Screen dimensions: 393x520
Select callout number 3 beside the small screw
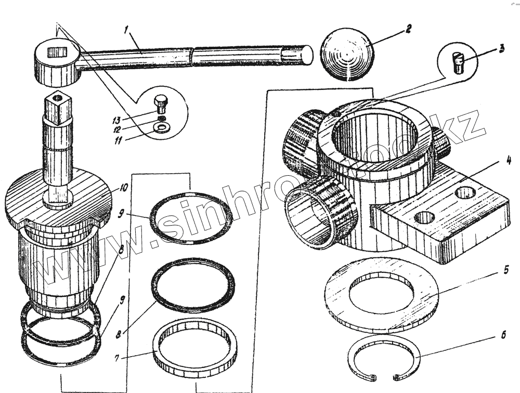(501, 49)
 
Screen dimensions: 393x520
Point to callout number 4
(508, 161)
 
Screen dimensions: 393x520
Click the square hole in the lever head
(56, 52)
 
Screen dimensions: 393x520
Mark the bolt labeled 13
(161, 104)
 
